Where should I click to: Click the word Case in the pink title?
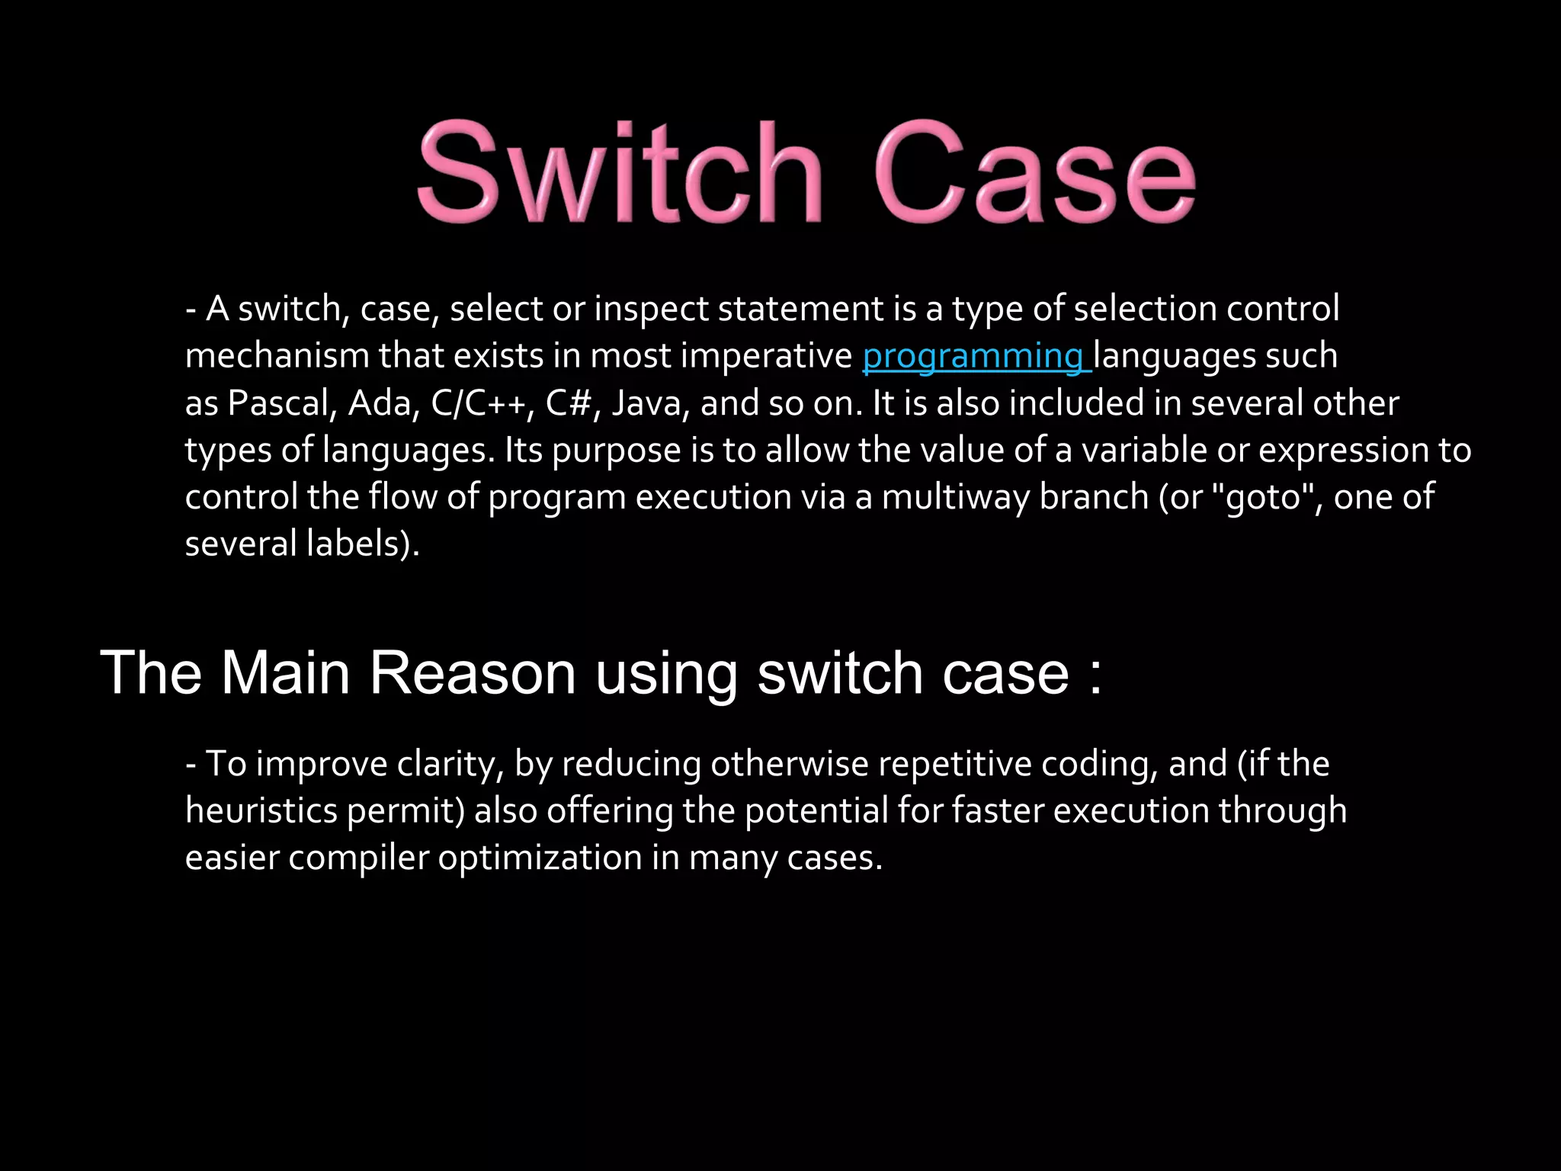(1034, 172)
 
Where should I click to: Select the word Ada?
(383, 403)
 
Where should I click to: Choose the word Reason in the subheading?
(473, 673)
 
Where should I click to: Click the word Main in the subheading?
(285, 673)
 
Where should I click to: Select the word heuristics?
(261, 810)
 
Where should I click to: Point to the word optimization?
(540, 858)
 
